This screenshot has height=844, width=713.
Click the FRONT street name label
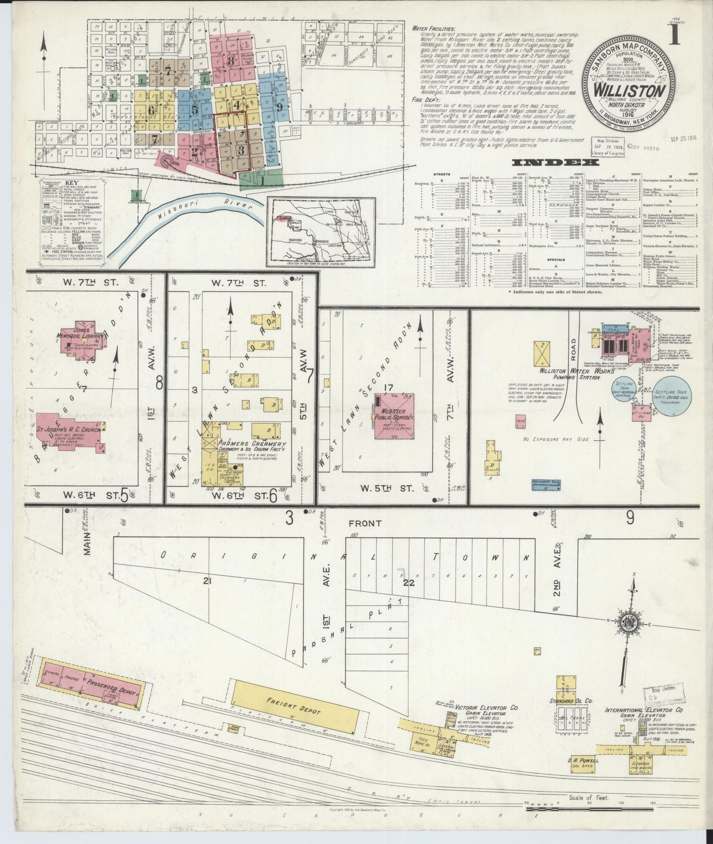pyautogui.click(x=365, y=523)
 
